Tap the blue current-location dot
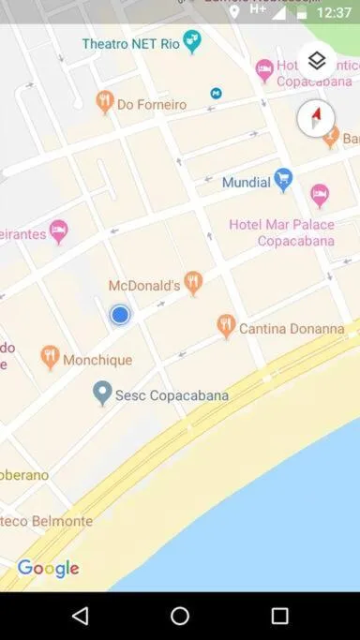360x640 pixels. click(x=119, y=315)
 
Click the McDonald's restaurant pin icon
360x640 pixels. click(x=193, y=282)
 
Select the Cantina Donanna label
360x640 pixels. click(x=292, y=329)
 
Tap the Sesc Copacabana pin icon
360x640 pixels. click(x=103, y=393)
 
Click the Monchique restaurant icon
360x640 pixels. click(x=51, y=357)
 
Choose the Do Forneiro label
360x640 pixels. click(x=151, y=105)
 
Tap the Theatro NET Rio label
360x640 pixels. click(x=129, y=44)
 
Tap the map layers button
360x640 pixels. click(x=317, y=61)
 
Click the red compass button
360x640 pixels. click(x=315, y=119)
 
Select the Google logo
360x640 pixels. click(x=48, y=569)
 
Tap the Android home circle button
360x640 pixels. click(x=180, y=616)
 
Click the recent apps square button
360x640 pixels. click(x=279, y=616)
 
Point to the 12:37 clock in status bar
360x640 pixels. click(x=334, y=13)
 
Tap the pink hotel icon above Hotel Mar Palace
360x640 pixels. click(x=320, y=196)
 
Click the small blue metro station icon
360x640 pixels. click(x=217, y=93)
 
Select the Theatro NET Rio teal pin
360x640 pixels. click(x=192, y=41)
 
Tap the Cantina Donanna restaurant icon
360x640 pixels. click(x=225, y=326)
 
